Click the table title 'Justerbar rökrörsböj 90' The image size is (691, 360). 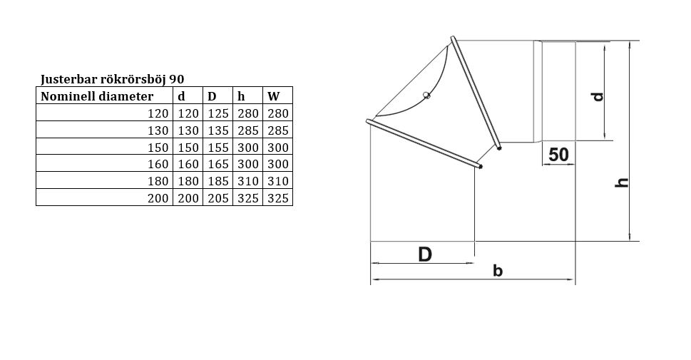point(113,79)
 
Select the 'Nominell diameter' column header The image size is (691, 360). point(97,96)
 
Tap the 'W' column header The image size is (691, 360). point(274,96)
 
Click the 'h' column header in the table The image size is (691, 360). point(241,96)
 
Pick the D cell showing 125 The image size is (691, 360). point(218,113)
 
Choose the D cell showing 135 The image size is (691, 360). point(218,130)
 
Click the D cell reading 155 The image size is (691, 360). point(218,147)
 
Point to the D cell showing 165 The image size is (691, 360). point(218,164)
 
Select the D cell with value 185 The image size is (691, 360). point(218,180)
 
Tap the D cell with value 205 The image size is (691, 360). point(218,198)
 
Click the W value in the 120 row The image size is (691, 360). point(278,113)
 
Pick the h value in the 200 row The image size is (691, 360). point(248,198)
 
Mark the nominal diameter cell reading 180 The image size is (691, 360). point(158,180)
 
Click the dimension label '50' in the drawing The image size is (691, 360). point(558,155)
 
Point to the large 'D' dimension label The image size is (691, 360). point(425,254)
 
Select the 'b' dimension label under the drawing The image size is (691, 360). point(498,271)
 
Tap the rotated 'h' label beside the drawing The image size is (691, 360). point(621,182)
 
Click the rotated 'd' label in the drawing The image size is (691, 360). point(598,96)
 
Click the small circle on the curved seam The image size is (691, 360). point(426,95)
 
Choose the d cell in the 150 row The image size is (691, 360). point(188,147)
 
